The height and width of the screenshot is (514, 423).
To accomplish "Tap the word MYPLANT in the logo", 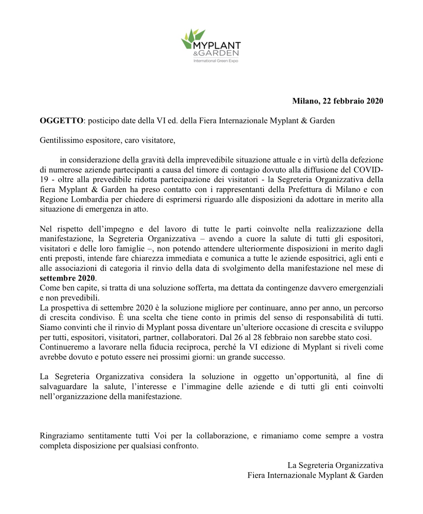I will point(216,46).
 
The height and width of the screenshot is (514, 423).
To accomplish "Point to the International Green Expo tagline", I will point(215,61).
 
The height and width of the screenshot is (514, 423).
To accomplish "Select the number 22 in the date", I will point(327,101).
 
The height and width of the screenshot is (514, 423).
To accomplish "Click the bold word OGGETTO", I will point(61,120).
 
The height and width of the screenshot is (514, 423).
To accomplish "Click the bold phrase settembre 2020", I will point(67,278).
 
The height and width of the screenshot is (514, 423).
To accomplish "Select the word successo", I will point(270,357).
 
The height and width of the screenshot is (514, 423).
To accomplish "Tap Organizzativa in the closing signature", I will point(359,465).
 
